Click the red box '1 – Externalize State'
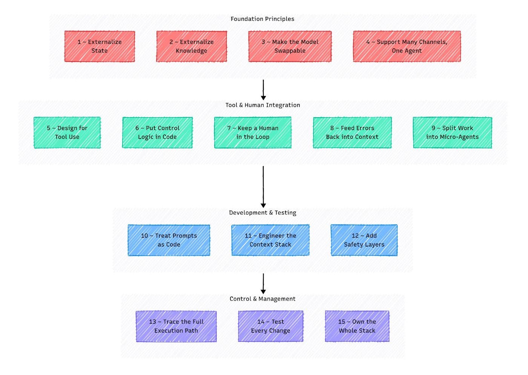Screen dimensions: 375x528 [100, 46]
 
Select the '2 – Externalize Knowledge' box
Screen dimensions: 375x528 [192, 46]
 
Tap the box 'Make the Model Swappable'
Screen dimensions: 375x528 [290, 46]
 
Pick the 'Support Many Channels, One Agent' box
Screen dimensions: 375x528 [407, 46]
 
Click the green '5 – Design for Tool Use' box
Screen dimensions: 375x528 [67, 133]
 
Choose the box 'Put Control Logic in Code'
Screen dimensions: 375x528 [157, 133]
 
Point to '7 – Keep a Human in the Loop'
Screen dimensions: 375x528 [253, 133]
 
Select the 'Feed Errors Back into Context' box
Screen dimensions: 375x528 [352, 133]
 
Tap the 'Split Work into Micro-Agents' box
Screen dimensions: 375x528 [452, 133]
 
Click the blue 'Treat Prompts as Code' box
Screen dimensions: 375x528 [169, 240]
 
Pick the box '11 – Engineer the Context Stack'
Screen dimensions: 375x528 [270, 240]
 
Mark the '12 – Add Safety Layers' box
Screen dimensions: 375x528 [364, 240]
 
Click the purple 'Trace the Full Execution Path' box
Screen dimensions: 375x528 [176, 326]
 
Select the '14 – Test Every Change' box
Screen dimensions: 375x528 [270, 326]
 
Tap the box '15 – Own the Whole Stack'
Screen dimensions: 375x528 [357, 326]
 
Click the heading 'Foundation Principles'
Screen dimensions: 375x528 [262, 19]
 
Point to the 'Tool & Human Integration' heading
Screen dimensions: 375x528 [262, 105]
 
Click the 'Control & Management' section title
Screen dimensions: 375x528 [262, 299]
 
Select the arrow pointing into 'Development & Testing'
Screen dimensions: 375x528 [263, 187]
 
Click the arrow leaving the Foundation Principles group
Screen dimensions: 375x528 [263, 90]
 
